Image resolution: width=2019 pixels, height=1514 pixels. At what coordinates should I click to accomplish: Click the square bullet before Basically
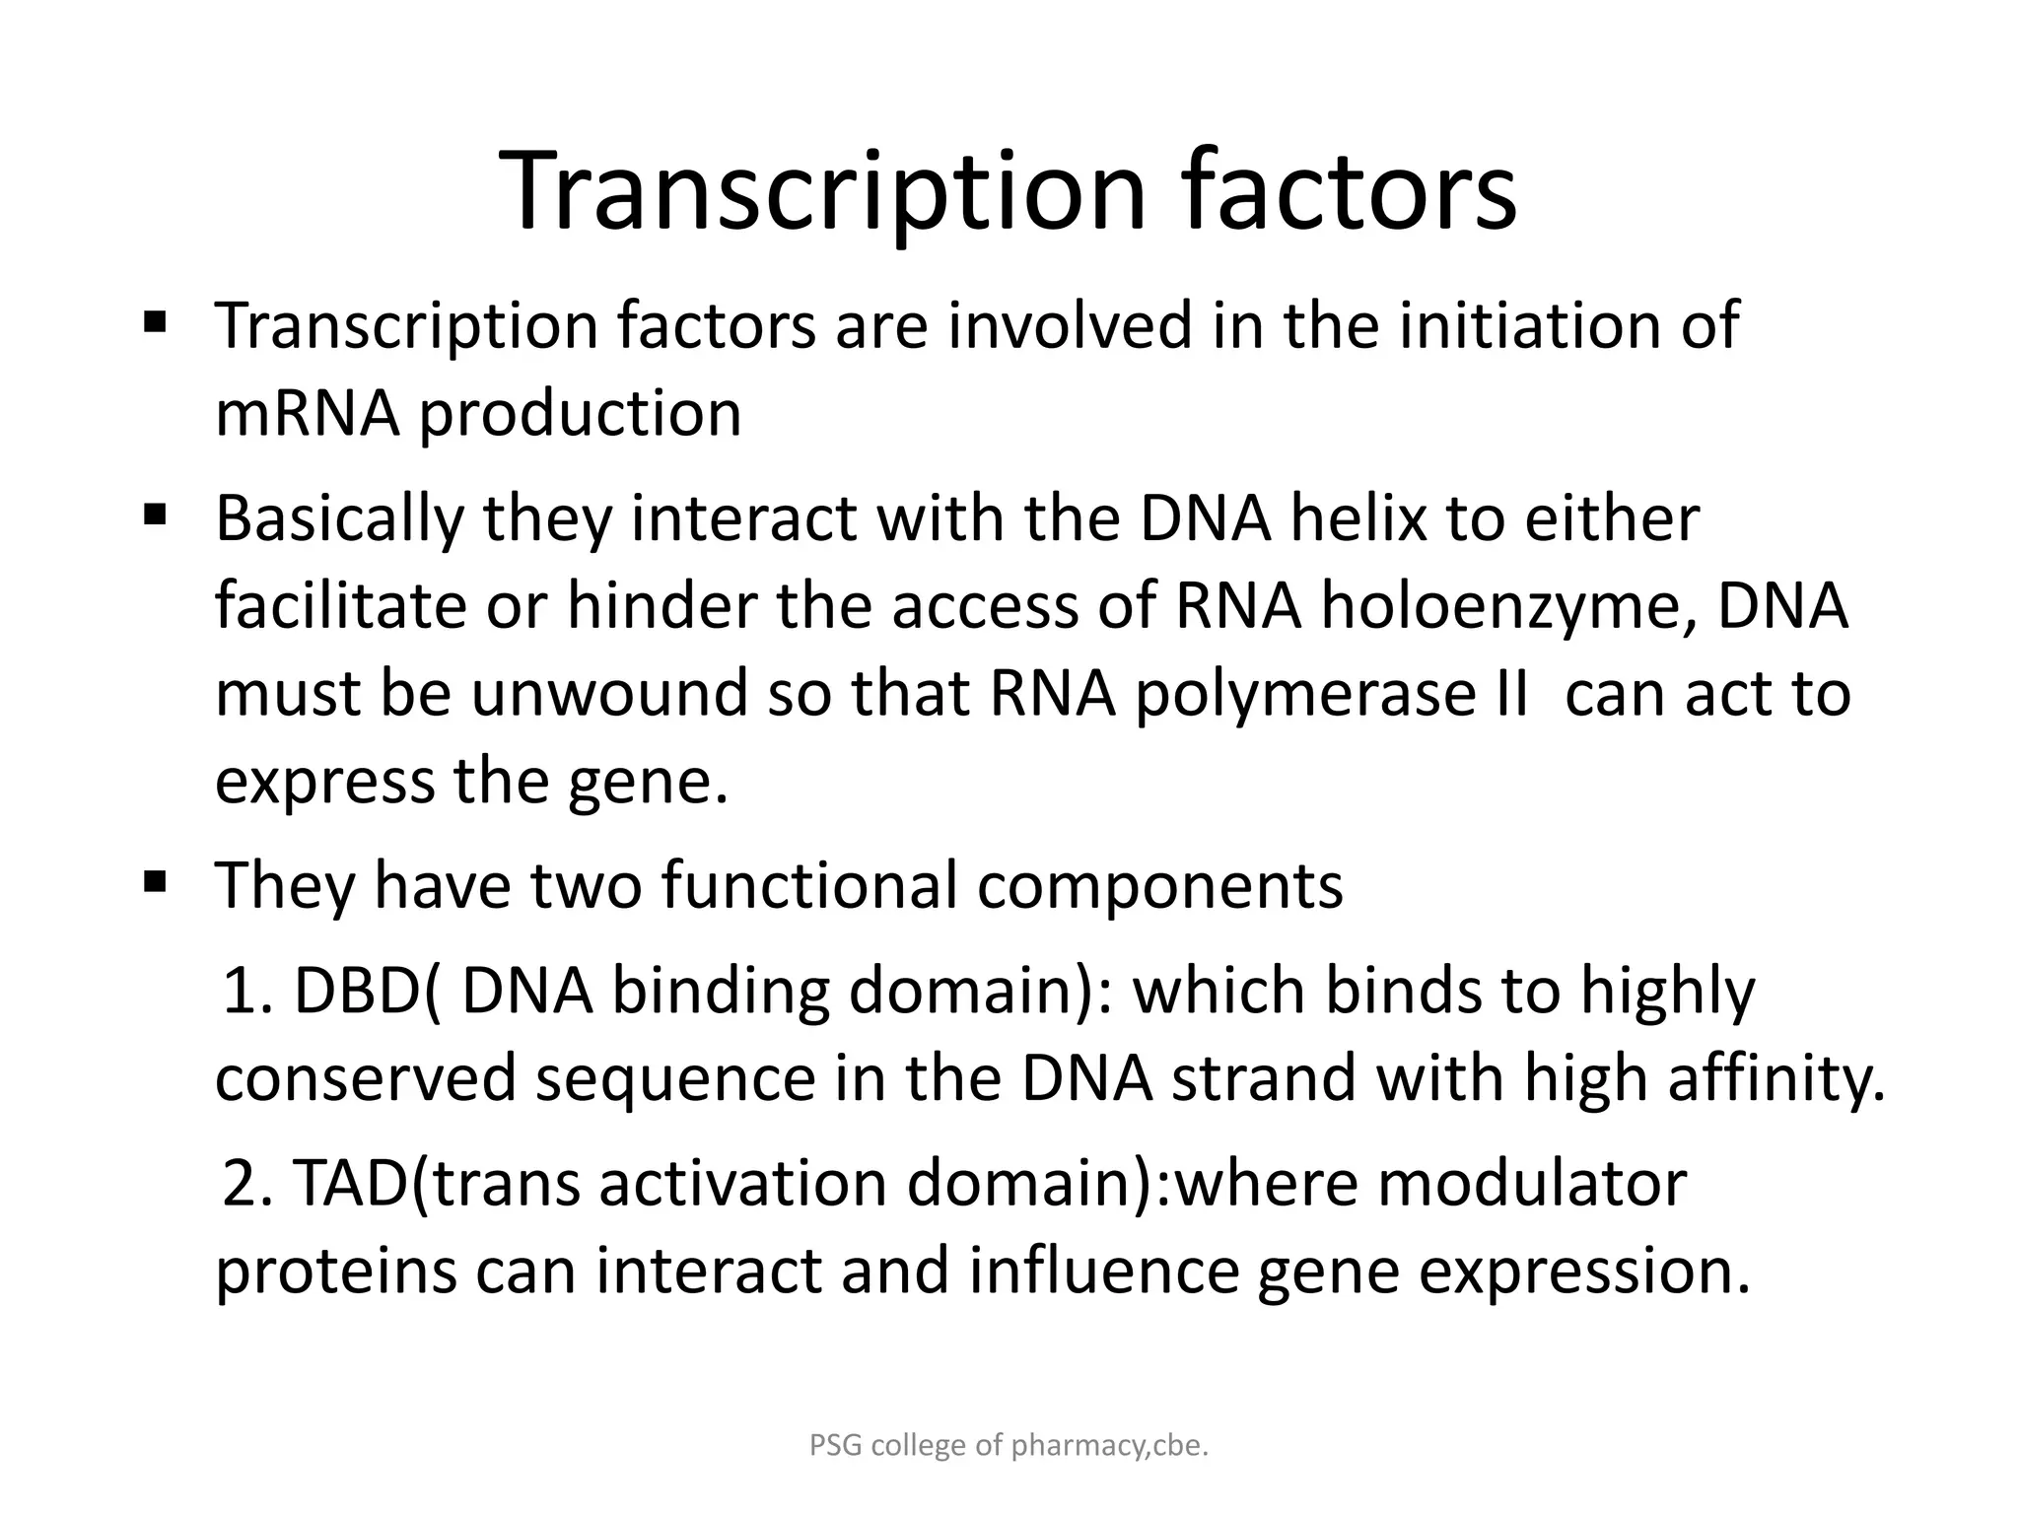[x=155, y=515]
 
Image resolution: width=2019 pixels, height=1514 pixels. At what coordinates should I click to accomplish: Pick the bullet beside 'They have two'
[x=155, y=880]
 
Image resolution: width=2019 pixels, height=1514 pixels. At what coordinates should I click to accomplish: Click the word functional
[x=808, y=884]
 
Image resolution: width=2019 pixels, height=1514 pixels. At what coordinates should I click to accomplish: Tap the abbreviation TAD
[x=350, y=1182]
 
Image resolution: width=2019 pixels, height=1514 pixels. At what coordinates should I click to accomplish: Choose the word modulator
[x=1531, y=1182]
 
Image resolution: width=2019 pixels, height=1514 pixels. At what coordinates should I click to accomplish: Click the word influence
[x=1103, y=1271]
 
